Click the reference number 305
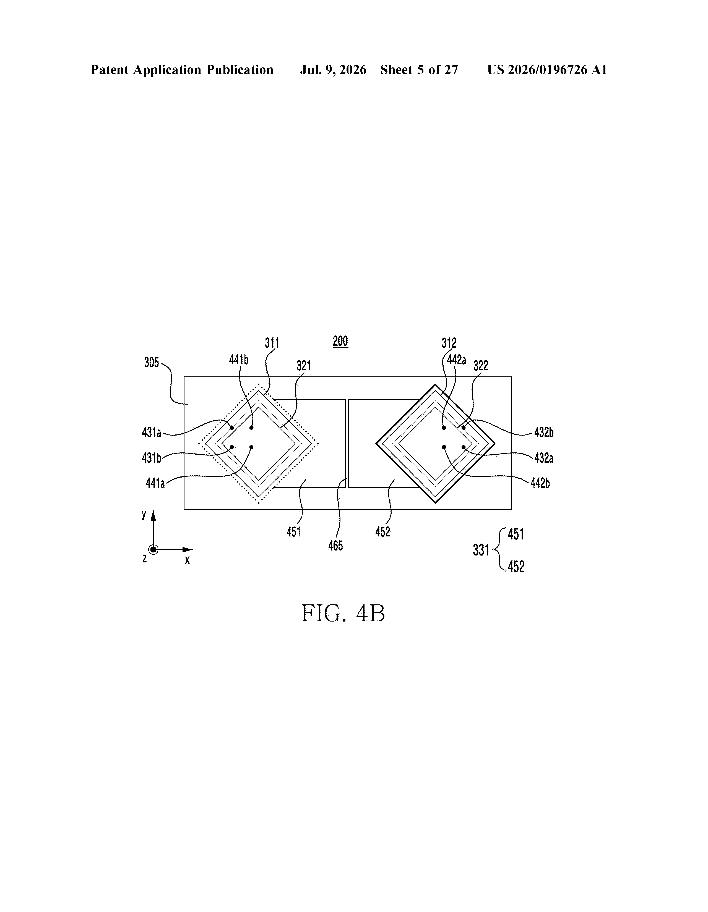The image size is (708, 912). (x=151, y=363)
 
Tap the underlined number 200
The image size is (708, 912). (x=340, y=341)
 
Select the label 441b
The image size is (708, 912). (x=239, y=360)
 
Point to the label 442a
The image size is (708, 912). (x=456, y=360)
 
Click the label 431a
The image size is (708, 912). (x=151, y=432)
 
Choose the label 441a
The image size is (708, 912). (x=155, y=483)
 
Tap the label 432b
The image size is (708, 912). (x=544, y=432)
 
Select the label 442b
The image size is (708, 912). (x=540, y=483)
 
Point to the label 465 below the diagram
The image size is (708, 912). (x=336, y=545)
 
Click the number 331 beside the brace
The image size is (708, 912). (x=481, y=550)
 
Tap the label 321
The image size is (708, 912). (x=304, y=366)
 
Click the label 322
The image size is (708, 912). (x=481, y=366)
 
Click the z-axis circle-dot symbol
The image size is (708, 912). (x=153, y=549)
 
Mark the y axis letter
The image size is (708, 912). (x=144, y=514)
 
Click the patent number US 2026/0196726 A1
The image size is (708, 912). (x=547, y=70)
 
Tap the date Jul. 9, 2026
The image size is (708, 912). (x=333, y=70)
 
